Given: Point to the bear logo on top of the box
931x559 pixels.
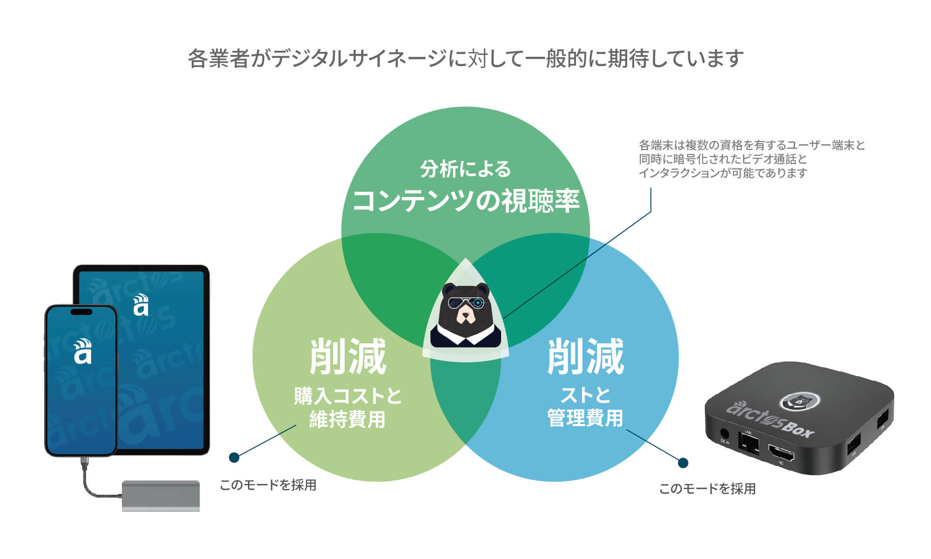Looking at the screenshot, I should tap(800, 400).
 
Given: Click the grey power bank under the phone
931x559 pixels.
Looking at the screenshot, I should tap(161, 495).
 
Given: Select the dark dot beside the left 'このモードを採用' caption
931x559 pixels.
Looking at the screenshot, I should tap(234, 458).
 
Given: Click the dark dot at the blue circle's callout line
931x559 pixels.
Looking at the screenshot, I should tap(683, 463).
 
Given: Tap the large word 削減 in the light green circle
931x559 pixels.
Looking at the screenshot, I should tap(348, 357).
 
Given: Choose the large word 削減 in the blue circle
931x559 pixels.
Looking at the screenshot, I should tap(585, 357).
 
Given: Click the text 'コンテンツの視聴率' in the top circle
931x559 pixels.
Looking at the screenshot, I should tap(466, 201).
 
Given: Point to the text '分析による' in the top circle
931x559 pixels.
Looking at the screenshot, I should tap(465, 169).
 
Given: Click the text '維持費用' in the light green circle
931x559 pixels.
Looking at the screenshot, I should tap(348, 419).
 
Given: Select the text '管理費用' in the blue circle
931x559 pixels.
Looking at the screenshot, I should tap(585, 418).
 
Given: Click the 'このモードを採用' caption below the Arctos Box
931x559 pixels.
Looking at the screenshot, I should tap(707, 489).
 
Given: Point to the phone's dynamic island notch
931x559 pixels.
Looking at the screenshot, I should tap(81, 311).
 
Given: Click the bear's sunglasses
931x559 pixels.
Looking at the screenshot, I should tap(465, 303).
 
